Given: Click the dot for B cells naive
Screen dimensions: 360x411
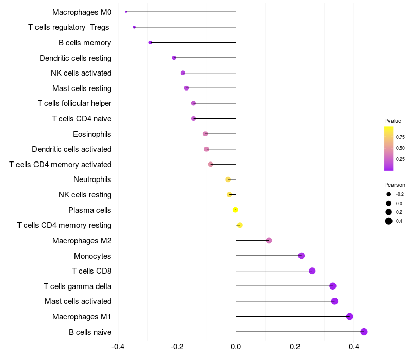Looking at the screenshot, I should pyautogui.click(x=364, y=332).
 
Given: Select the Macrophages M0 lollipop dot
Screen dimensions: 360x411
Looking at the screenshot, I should pyautogui.click(x=126, y=12).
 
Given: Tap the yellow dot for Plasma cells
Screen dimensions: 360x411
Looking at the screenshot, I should pyautogui.click(x=235, y=210).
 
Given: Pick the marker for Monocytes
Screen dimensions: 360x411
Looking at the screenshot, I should pyautogui.click(x=301, y=256).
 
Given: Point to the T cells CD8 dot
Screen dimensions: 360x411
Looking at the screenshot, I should pyautogui.click(x=312, y=271).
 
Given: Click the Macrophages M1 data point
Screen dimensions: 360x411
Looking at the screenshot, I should pyautogui.click(x=350, y=316).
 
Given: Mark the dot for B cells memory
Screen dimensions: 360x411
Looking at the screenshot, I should pyautogui.click(x=150, y=42).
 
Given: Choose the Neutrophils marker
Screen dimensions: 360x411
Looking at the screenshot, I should pyautogui.click(x=228, y=179).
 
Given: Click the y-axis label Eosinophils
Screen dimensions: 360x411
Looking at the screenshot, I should pyautogui.click(x=92, y=134).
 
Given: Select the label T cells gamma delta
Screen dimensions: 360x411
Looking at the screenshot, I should pyautogui.click(x=78, y=286).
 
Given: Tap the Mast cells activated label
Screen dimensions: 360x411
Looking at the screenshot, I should pyautogui.click(x=78, y=301).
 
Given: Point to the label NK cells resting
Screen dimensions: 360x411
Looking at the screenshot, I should pyautogui.click(x=85, y=195).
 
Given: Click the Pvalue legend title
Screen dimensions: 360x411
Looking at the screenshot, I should pyautogui.click(x=393, y=121).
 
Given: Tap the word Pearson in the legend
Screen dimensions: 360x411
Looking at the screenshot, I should pyautogui.click(x=395, y=185).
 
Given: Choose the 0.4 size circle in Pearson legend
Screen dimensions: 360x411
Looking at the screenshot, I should pyautogui.click(x=389, y=221).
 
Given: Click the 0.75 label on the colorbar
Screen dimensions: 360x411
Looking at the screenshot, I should pyautogui.click(x=400, y=137).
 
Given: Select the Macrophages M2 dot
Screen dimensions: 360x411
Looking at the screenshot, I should pyautogui.click(x=269, y=240).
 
